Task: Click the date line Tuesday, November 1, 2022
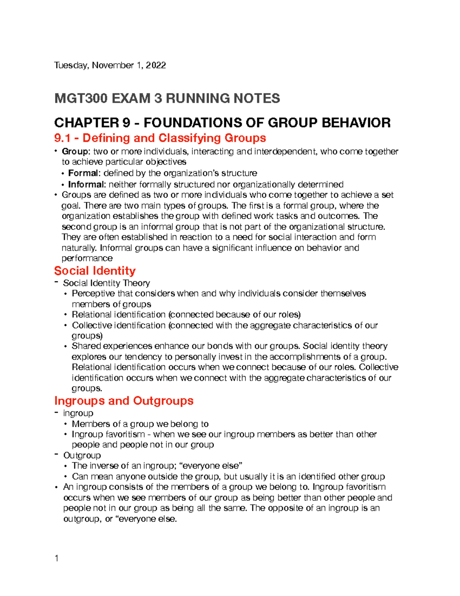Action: pyautogui.click(x=110, y=65)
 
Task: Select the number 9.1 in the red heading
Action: pyautogui.click(x=65, y=138)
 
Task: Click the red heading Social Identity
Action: pyautogui.click(x=95, y=271)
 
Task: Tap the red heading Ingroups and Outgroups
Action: pyautogui.click(x=123, y=401)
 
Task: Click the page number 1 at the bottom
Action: pyautogui.click(x=57, y=558)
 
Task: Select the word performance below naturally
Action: pyautogui.click(x=87, y=258)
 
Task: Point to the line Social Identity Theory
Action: pyautogui.click(x=106, y=283)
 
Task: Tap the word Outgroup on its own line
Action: pyautogui.click(x=82, y=456)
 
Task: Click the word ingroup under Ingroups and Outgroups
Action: pyautogui.click(x=78, y=413)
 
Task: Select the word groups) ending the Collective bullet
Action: pyautogui.click(x=87, y=336)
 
